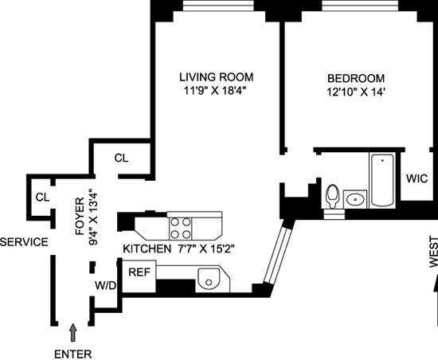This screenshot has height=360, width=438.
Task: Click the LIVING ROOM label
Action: tap(216, 77)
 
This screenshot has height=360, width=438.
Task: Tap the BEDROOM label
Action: tap(356, 79)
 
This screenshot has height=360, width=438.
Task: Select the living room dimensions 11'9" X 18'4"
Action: tap(215, 91)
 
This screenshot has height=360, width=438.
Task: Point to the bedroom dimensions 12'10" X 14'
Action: tap(354, 92)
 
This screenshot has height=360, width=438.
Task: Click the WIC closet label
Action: tap(416, 178)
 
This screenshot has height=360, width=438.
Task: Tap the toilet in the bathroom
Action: tap(332, 196)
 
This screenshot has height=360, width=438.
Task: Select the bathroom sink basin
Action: tap(355, 199)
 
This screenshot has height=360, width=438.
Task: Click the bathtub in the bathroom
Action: tap(382, 180)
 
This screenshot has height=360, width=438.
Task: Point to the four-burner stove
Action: tap(181, 229)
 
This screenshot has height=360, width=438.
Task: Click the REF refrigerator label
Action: tap(139, 272)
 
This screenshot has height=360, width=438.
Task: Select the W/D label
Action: tap(105, 285)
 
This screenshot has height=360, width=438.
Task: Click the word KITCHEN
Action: tap(147, 248)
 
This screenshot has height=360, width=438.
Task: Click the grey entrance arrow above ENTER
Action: tap(73, 332)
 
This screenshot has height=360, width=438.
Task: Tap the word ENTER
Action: tap(73, 354)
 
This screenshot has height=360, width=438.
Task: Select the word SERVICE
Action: tap(25, 242)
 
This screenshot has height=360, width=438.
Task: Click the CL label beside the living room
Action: tap(121, 158)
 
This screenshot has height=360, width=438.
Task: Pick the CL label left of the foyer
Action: tap(42, 198)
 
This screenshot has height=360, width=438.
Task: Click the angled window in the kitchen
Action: tap(278, 256)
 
